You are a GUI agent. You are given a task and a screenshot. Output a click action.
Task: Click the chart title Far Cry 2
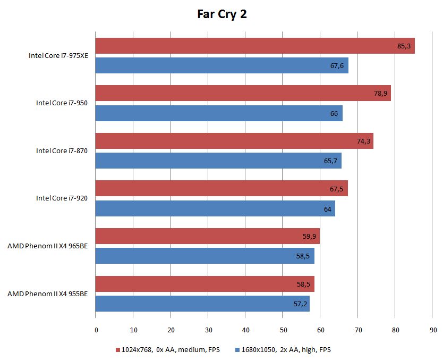click(x=221, y=14)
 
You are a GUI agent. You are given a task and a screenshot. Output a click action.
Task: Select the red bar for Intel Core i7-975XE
click(x=255, y=46)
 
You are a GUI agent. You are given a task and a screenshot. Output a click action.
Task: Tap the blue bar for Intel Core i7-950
click(x=219, y=113)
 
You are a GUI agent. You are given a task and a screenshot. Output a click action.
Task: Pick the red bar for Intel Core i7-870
click(x=234, y=141)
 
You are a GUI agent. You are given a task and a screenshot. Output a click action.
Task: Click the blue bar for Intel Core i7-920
click(x=215, y=208)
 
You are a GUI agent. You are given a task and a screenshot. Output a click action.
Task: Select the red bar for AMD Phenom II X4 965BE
click(x=207, y=236)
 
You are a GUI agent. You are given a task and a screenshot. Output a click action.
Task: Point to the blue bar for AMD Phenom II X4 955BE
click(x=202, y=304)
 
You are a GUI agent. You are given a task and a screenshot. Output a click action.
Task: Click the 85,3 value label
click(x=404, y=46)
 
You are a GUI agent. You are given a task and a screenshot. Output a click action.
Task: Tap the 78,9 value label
click(x=380, y=94)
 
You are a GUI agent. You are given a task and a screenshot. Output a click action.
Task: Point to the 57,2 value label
click(x=299, y=304)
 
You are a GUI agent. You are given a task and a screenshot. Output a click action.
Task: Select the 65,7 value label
click(x=330, y=161)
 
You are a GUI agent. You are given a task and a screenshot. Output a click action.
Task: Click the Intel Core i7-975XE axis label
click(x=58, y=55)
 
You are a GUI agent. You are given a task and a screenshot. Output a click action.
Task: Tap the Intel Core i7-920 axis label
click(x=62, y=198)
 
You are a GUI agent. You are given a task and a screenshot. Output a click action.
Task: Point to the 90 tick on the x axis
click(x=433, y=330)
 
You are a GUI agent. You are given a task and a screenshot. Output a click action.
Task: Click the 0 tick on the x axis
click(x=96, y=330)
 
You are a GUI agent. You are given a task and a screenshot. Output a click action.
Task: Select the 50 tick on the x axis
click(x=283, y=330)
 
